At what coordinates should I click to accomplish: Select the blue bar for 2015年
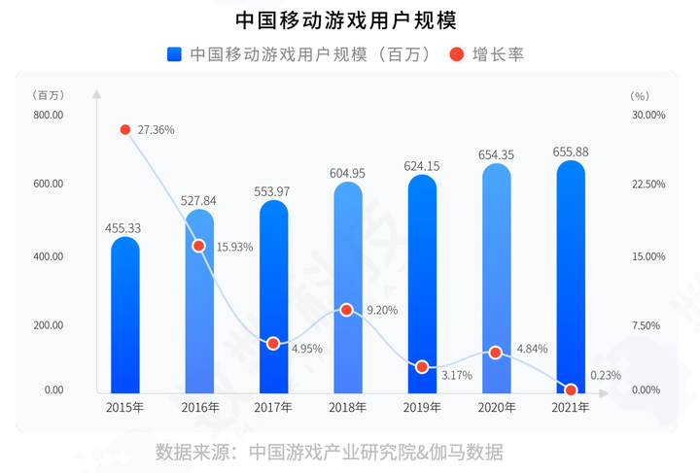[x=124, y=316]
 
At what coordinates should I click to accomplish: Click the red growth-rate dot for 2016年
[x=199, y=246]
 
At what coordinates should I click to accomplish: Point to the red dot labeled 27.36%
[x=124, y=129]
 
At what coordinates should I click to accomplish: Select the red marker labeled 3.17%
[x=422, y=367]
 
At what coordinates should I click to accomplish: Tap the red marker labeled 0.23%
[x=571, y=389]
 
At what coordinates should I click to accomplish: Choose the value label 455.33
[x=124, y=228]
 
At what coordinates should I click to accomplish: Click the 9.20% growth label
[x=380, y=310]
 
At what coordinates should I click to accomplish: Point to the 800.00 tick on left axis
[x=48, y=115]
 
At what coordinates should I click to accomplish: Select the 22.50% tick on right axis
[x=647, y=185]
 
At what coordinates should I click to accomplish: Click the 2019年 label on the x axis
[x=422, y=407]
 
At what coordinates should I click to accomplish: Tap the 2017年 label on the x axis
[x=273, y=407]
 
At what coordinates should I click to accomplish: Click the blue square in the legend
[x=175, y=54]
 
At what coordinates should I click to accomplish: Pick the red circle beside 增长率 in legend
[x=456, y=54]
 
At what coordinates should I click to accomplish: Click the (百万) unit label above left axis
[x=48, y=95]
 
